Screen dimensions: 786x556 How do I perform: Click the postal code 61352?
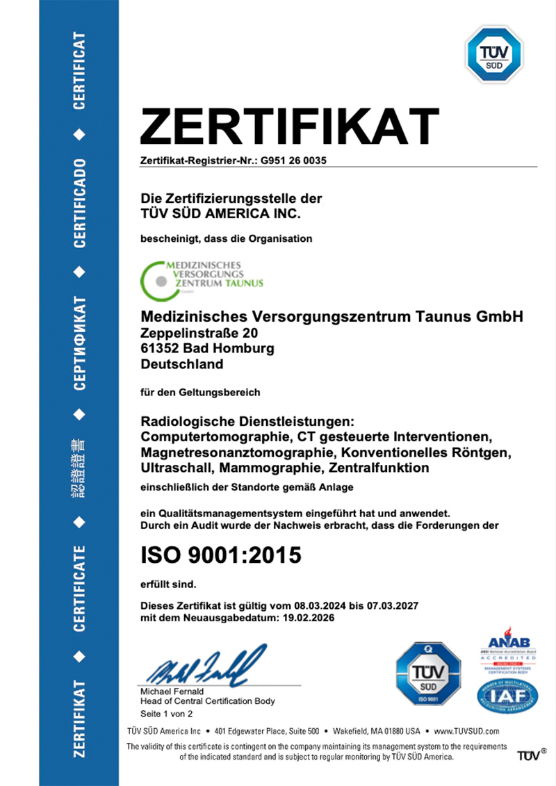tap(158, 348)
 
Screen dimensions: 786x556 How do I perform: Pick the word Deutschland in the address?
tap(182, 363)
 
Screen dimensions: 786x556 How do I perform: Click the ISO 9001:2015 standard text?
tap(221, 555)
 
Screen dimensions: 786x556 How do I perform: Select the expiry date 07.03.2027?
tap(393, 605)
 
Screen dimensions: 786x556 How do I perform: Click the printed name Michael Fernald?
tap(172, 691)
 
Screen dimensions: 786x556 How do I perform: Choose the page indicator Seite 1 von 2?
tap(166, 713)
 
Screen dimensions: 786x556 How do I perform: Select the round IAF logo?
tap(507, 694)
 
